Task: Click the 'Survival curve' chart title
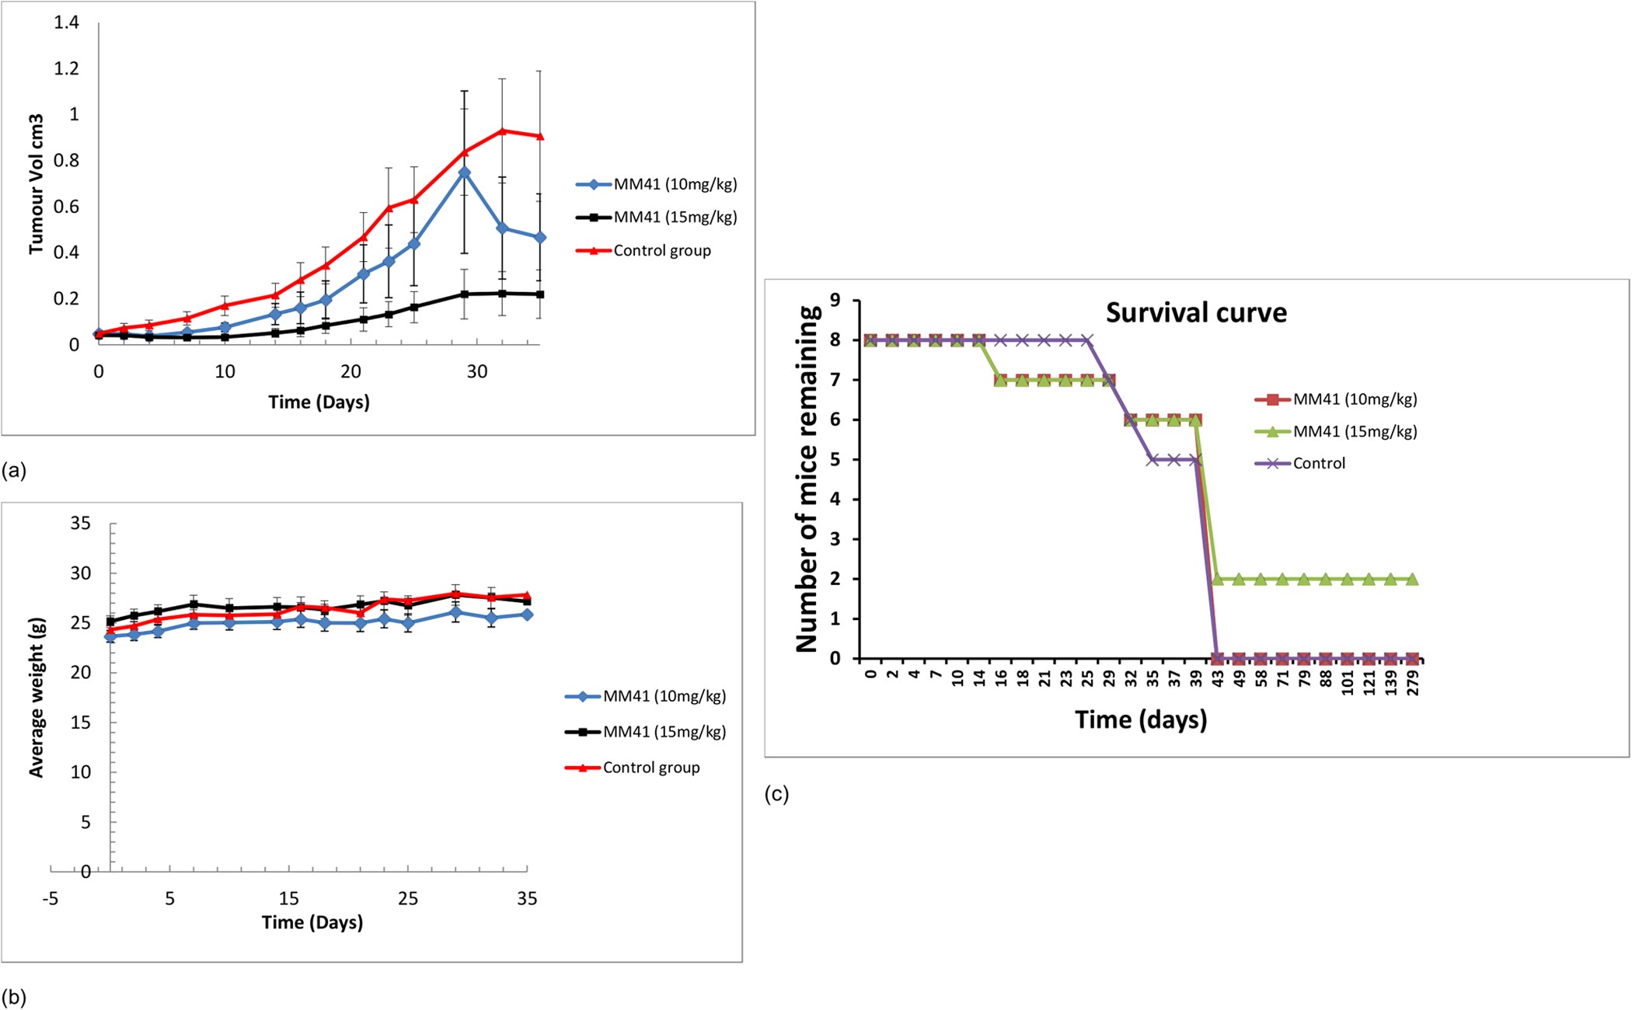click(1196, 313)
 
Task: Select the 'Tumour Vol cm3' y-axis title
click(36, 184)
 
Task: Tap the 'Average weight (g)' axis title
click(36, 697)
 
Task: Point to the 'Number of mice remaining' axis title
click(807, 479)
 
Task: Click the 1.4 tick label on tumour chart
click(67, 23)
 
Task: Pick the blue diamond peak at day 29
click(464, 172)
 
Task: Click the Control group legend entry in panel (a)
click(661, 251)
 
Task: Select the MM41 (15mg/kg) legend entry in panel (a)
click(675, 218)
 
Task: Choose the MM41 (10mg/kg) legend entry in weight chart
click(664, 697)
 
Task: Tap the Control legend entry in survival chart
click(1319, 464)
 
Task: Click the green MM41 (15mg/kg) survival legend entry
click(1355, 432)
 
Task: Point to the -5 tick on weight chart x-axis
click(51, 899)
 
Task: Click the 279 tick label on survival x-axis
click(1413, 684)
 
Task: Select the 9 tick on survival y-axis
click(835, 301)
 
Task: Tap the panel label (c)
click(776, 794)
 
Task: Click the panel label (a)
click(14, 470)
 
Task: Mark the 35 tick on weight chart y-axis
click(80, 524)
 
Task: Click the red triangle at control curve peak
click(502, 131)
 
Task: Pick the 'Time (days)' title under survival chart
click(1141, 719)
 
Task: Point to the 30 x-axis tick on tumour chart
click(476, 372)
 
